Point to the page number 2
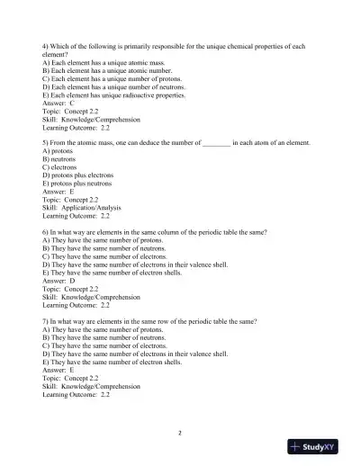pyautogui.click(x=180, y=433)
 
